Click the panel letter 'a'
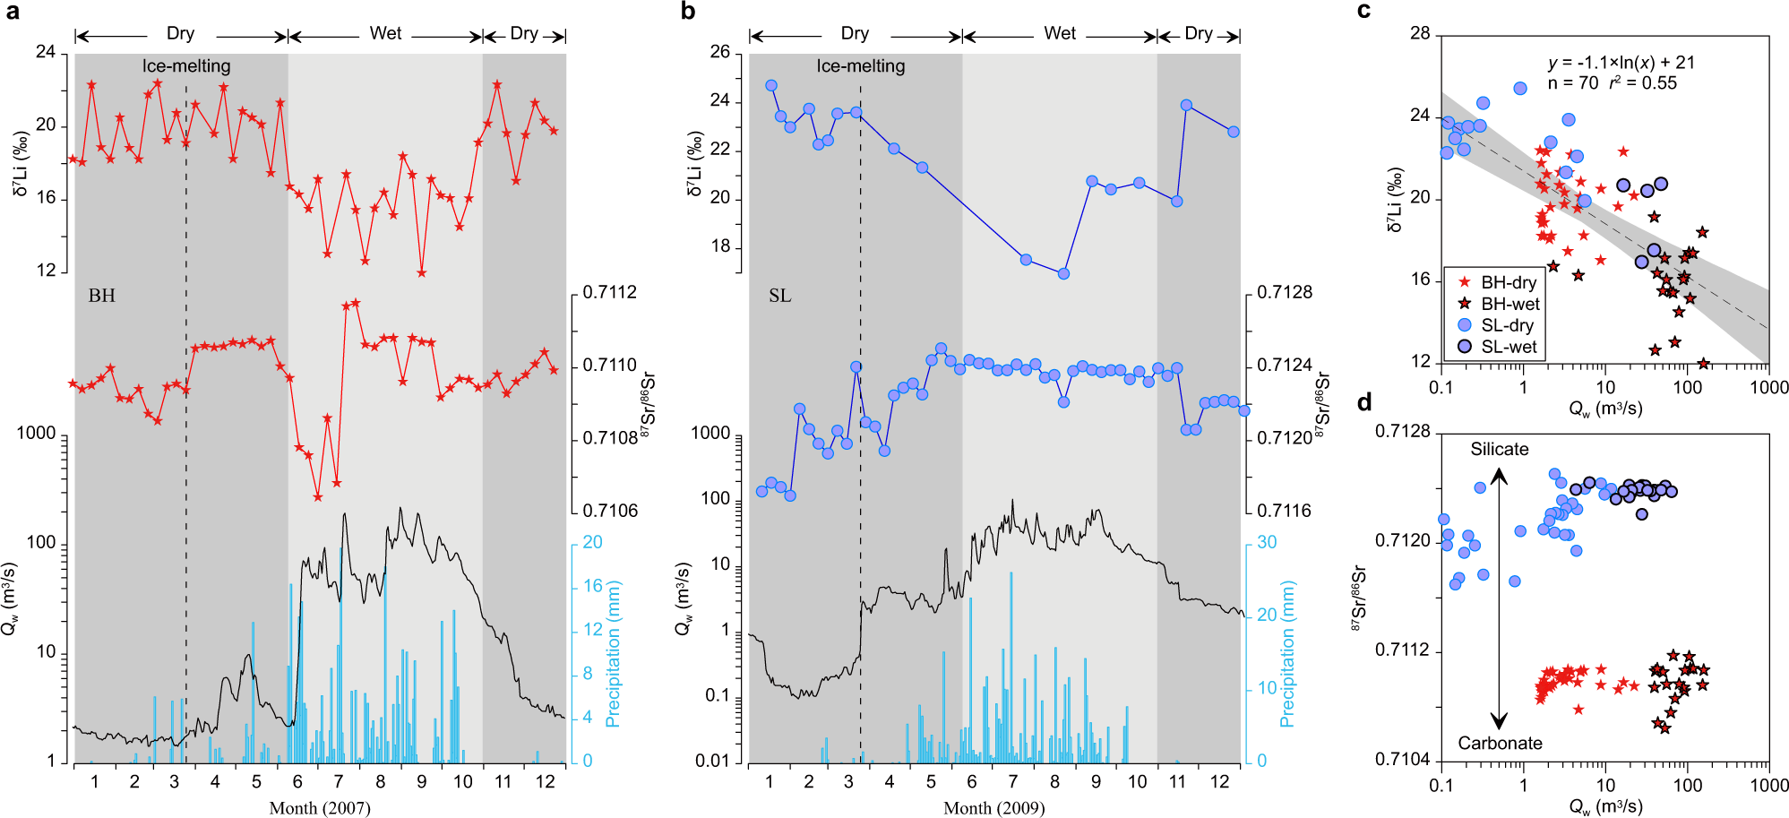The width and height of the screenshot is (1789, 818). tap(12, 12)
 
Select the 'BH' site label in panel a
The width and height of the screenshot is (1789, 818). tap(101, 296)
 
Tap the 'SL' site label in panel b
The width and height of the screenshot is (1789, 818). tap(779, 296)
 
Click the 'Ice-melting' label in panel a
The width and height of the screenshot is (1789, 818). tap(186, 66)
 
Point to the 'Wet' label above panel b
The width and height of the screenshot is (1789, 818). tap(1060, 33)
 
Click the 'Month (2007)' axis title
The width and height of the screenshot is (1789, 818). tap(320, 808)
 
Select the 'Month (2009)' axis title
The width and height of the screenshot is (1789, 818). tap(993, 808)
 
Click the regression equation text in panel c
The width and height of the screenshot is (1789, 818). tap(1621, 63)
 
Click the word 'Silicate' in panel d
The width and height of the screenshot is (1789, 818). tap(1499, 450)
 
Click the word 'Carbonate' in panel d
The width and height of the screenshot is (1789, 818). tap(1500, 743)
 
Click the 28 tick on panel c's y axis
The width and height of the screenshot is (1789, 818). tap(1420, 34)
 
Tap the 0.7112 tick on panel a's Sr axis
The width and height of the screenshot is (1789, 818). tap(609, 293)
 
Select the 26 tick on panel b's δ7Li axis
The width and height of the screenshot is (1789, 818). tap(720, 52)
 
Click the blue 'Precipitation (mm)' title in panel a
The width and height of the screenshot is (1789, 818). tap(614, 653)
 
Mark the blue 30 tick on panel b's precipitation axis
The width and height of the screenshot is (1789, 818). tap(1267, 542)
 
